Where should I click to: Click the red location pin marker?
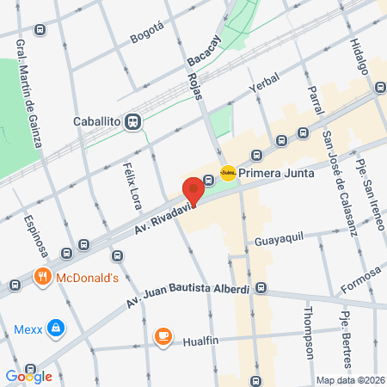click(x=193, y=190)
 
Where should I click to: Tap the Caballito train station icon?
click(x=132, y=122)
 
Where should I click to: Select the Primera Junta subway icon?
click(x=228, y=173)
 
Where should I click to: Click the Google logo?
click(x=28, y=376)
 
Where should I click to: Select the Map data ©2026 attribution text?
click(x=350, y=380)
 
